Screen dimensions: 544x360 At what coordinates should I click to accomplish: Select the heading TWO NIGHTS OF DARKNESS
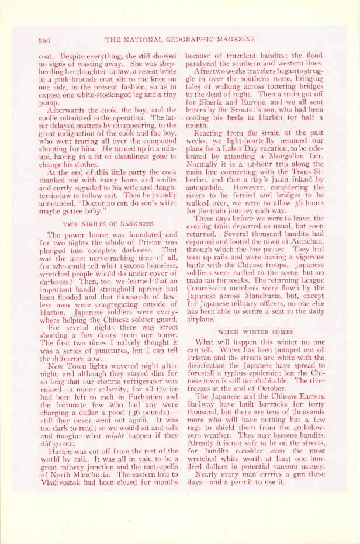tap(108, 224)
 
